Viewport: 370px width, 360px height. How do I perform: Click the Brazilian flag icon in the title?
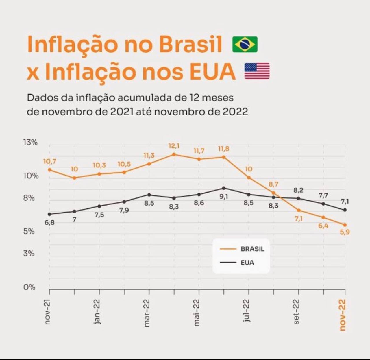[x=245, y=44]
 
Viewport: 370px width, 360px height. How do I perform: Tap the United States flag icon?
[x=257, y=71]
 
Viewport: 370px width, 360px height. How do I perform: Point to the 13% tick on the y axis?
[x=30, y=142]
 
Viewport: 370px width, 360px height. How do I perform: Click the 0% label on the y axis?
[x=29, y=287]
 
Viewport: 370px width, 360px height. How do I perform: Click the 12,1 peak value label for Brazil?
[x=174, y=146]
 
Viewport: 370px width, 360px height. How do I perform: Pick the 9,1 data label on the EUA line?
[x=224, y=197]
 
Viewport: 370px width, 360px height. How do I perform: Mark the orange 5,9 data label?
[x=345, y=232]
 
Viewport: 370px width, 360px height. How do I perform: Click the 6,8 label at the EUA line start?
[x=49, y=223]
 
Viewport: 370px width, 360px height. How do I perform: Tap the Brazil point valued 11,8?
[x=223, y=157]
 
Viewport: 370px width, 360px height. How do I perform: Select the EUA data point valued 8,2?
[x=298, y=198]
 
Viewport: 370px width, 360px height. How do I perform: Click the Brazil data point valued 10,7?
[x=49, y=170]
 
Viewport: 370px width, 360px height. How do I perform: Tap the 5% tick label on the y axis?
[x=29, y=231]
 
